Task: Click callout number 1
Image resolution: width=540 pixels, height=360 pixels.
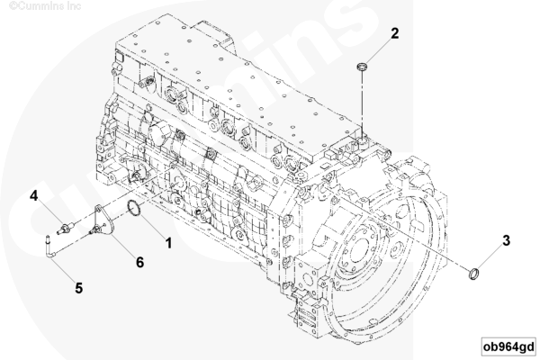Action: (168, 243)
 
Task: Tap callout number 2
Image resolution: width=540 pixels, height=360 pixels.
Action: (395, 33)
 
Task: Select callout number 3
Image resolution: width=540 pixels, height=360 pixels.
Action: (506, 241)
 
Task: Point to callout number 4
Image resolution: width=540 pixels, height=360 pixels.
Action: (33, 195)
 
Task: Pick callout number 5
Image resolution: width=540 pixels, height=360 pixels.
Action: (79, 288)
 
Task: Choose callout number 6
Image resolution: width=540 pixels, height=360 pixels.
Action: (139, 263)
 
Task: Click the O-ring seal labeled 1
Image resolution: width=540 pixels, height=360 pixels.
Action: (133, 210)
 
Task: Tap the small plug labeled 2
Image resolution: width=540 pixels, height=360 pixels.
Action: (362, 66)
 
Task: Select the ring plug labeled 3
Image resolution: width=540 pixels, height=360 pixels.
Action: (474, 274)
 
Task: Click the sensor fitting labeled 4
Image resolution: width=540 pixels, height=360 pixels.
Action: (65, 229)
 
